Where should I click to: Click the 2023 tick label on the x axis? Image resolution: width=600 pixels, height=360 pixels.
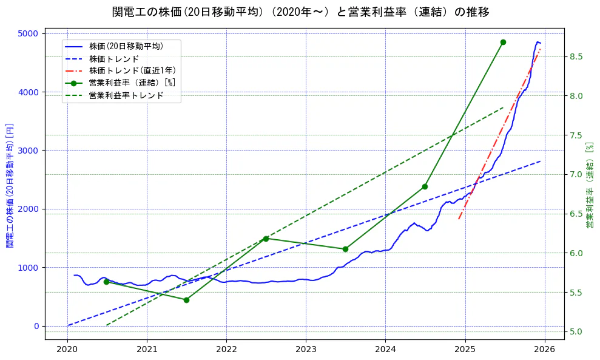306,350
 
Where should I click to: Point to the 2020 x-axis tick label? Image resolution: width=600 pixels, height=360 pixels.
67,350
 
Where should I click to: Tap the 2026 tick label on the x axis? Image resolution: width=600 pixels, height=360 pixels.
544,350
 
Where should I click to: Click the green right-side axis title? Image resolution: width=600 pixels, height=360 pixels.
589,186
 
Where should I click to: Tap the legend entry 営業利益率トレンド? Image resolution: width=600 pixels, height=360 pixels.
126,96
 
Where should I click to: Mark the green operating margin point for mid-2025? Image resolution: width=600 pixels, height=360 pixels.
503,42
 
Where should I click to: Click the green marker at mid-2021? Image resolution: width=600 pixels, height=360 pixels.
186,300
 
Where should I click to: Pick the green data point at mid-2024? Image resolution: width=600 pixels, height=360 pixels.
425,186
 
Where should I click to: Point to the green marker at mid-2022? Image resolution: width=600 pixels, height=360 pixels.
266,239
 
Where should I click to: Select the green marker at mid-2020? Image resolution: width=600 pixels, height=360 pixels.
106,282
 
